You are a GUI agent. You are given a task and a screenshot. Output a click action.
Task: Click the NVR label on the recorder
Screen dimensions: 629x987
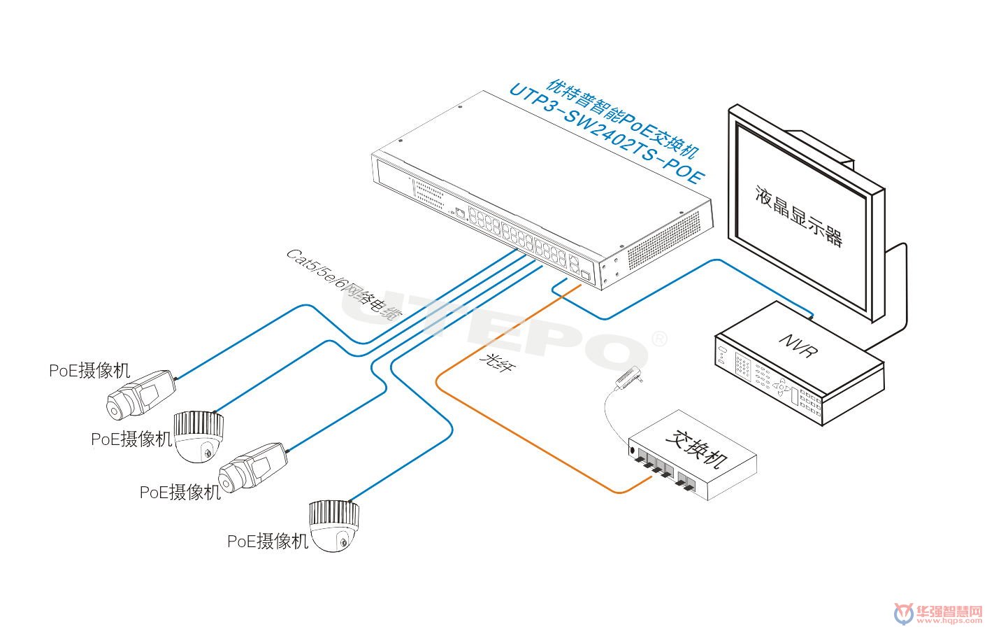(798, 344)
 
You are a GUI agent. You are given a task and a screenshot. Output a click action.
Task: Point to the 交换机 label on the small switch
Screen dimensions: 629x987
(696, 448)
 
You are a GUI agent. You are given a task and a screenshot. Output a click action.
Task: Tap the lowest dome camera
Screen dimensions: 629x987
(336, 525)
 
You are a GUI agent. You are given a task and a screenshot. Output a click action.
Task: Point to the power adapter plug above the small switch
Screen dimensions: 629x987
(628, 378)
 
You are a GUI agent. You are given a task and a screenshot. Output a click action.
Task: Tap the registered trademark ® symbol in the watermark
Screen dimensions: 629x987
(658, 339)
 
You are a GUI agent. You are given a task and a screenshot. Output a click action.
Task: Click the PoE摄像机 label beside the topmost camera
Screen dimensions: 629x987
(89, 370)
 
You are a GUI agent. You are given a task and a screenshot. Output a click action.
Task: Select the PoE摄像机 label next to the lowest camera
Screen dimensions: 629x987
(268, 541)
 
